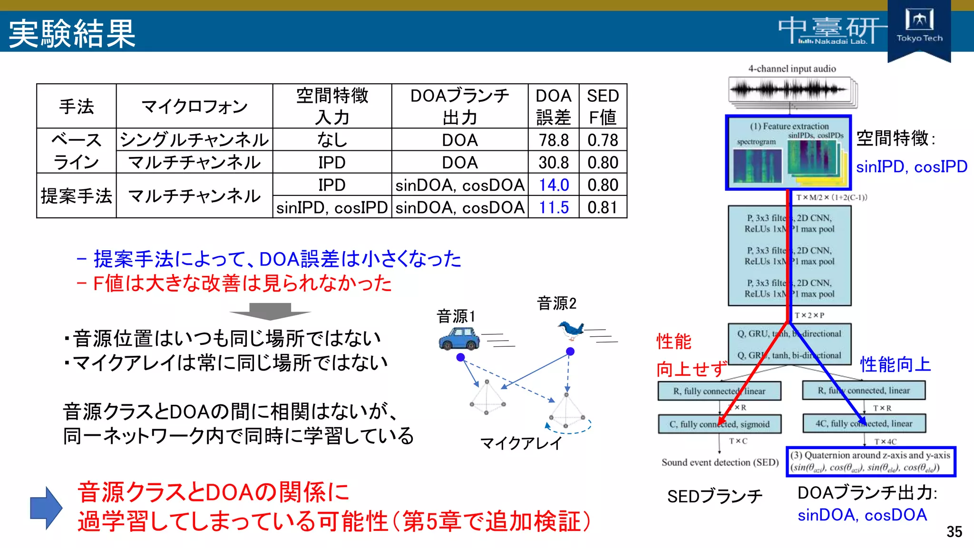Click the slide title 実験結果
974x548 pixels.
[x=72, y=33]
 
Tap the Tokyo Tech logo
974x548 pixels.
[x=919, y=27]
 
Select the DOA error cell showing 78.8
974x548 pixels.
[x=554, y=140]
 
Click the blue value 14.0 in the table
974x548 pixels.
[x=554, y=185]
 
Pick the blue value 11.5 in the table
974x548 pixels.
[x=554, y=207]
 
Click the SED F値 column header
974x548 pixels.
[x=603, y=106]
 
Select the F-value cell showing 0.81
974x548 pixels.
[x=603, y=207]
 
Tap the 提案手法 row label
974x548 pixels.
[x=76, y=196]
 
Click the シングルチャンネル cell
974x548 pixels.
[x=194, y=140]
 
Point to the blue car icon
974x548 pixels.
[x=458, y=339]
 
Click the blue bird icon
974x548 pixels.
[x=571, y=330]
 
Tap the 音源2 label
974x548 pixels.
[x=556, y=303]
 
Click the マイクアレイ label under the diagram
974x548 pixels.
[x=521, y=443]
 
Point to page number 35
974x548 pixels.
[x=954, y=532]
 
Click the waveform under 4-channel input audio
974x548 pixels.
[x=789, y=89]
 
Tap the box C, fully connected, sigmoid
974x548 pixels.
[x=719, y=424]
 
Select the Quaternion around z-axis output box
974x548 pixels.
[x=870, y=461]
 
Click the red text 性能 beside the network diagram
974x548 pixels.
[x=673, y=342]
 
